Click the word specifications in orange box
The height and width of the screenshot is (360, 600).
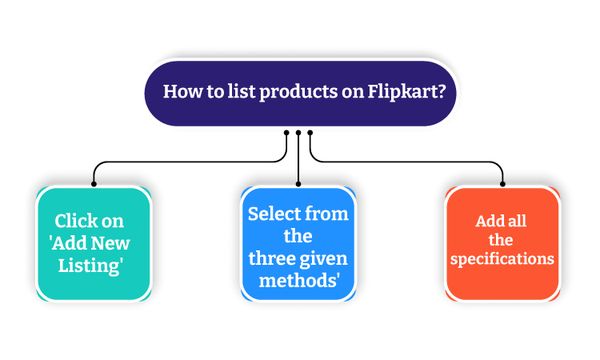click(x=501, y=258)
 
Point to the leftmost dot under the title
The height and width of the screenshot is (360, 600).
click(x=287, y=133)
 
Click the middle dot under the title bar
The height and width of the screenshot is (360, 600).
click(x=298, y=133)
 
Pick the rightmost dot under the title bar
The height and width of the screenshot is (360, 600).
click(x=310, y=133)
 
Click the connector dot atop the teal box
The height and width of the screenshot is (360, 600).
click(x=94, y=184)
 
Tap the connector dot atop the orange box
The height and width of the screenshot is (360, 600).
click(x=501, y=184)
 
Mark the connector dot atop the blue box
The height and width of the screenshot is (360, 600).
click(x=298, y=184)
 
